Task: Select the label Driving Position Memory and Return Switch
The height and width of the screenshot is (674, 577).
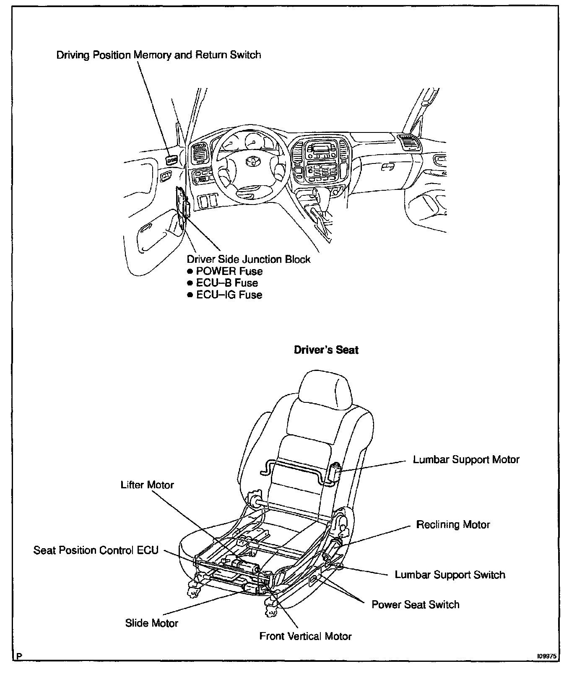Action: click(x=159, y=55)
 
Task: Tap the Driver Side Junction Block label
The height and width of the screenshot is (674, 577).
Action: click(x=248, y=259)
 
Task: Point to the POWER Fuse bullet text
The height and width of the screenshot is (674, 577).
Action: click(x=229, y=271)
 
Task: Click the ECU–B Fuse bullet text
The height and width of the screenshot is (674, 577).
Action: click(x=226, y=283)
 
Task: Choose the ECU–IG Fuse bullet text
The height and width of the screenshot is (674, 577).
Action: click(x=229, y=295)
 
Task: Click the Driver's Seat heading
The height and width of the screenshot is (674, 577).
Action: click(x=326, y=350)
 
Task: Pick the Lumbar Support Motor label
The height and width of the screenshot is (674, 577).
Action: click(x=466, y=459)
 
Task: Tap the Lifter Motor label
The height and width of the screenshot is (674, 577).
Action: click(x=147, y=485)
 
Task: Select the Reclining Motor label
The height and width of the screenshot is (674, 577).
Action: click(x=453, y=524)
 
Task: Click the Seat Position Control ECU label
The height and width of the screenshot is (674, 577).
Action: click(x=96, y=550)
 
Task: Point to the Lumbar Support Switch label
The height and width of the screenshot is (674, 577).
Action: click(x=450, y=574)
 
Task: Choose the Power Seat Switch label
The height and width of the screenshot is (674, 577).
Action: click(x=415, y=604)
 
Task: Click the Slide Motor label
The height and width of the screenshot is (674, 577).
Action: click(x=151, y=623)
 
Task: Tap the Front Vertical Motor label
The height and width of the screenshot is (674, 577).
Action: click(x=305, y=636)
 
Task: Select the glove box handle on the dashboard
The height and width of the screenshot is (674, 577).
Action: click(x=387, y=166)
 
